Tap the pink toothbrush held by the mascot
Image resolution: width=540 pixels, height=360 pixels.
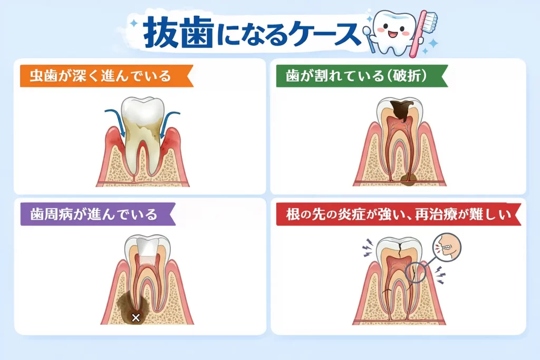424,32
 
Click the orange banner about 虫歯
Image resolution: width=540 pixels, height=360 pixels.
107,76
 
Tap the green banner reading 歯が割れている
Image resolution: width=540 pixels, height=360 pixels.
362,76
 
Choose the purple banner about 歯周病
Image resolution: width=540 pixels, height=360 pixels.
98,214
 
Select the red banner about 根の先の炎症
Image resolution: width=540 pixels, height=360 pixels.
399,214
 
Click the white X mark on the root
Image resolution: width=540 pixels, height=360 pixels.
136,317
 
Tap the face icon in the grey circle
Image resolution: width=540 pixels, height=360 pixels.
447,247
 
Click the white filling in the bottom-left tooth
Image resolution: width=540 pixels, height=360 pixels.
148,247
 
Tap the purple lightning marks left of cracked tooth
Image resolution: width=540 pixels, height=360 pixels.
368,248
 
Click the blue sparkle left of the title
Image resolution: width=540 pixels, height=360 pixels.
133,23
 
